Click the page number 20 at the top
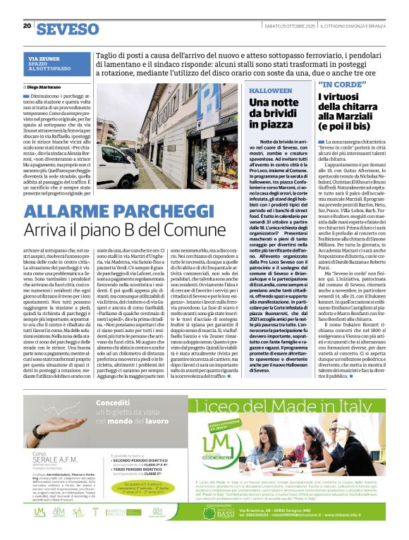(x=27, y=26)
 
